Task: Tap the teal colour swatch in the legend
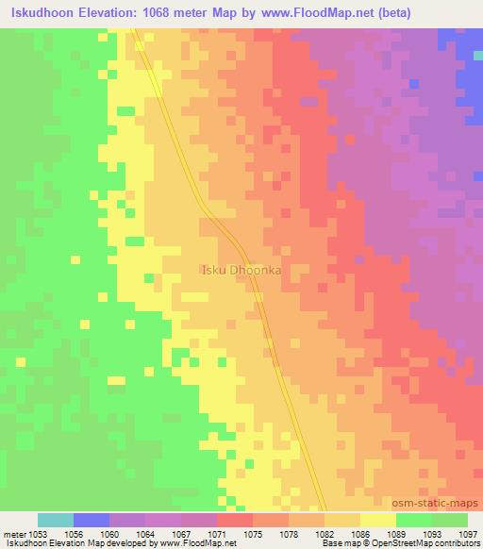pyautogui.click(x=55, y=520)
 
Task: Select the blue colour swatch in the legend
pyautogui.click(x=92, y=520)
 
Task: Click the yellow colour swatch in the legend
pyautogui.click(x=377, y=520)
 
